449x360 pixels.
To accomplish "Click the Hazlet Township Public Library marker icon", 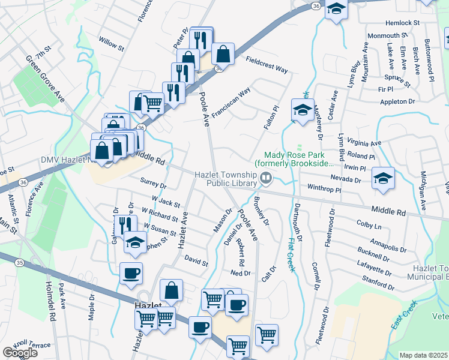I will click(x=265, y=178).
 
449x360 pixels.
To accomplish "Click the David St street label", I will click(x=196, y=262).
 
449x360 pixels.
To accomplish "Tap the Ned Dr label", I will click(x=240, y=273).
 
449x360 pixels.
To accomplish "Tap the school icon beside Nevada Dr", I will click(x=383, y=178).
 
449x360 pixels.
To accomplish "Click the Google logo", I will click(x=20, y=352).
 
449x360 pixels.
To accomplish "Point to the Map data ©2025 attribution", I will click(x=424, y=355).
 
